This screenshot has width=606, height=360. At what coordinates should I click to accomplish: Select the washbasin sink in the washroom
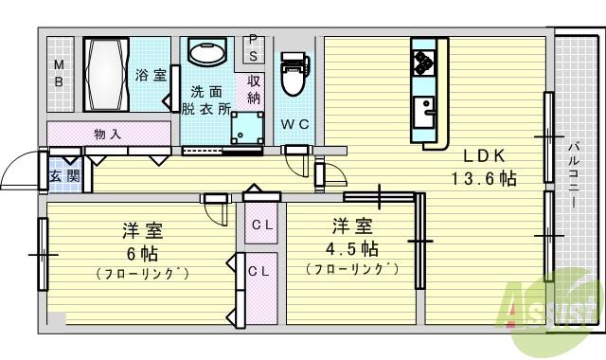click(205, 53)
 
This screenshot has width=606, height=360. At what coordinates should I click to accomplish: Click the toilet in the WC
click(294, 75)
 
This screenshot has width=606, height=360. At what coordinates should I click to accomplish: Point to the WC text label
click(294, 125)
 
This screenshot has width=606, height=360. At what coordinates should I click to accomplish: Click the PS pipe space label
click(253, 47)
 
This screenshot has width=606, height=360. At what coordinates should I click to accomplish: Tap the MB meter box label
click(59, 73)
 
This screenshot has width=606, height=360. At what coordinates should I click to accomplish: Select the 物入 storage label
click(107, 134)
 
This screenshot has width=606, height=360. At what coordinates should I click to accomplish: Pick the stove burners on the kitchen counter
click(423, 63)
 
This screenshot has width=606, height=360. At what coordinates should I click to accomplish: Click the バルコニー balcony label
click(575, 181)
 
